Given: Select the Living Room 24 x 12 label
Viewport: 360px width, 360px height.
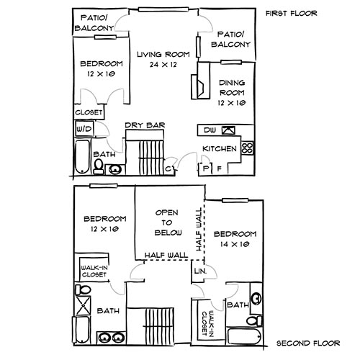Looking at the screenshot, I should click(x=164, y=60).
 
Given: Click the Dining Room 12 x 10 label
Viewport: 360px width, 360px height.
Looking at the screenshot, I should click(x=231, y=93).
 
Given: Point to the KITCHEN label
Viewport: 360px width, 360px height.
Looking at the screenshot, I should click(x=220, y=148).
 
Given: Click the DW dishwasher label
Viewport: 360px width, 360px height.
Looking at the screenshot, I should click(x=209, y=130).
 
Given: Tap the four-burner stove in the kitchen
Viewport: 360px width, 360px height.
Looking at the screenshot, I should click(x=247, y=148).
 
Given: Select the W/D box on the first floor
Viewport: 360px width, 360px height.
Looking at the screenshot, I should click(x=84, y=129).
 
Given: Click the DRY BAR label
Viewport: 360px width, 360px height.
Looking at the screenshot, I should click(x=145, y=126).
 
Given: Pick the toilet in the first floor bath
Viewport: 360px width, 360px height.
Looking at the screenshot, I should click(x=98, y=166).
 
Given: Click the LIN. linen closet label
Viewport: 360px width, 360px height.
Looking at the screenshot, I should click(x=199, y=271).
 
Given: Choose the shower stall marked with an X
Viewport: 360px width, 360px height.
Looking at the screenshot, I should click(x=83, y=291).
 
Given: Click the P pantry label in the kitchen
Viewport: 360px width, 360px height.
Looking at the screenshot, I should click(x=206, y=168).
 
